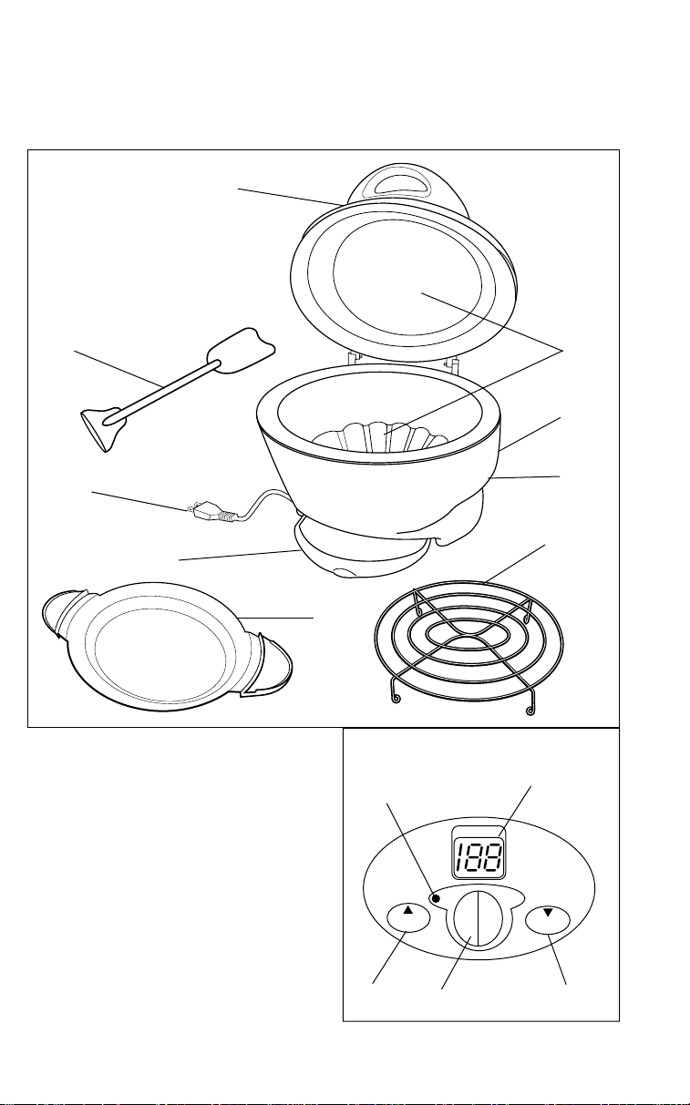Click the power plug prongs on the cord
click(191, 508)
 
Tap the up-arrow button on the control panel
click(407, 918)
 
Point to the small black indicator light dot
click(436, 898)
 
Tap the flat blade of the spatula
click(242, 350)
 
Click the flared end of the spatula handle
click(102, 427)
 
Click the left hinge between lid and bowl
click(353, 357)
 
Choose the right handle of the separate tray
click(268, 663)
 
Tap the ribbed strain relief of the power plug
click(225, 517)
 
